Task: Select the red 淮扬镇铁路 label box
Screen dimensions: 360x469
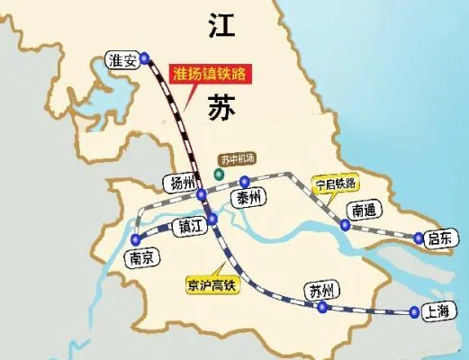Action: click(x=212, y=72)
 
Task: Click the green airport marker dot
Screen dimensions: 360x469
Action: click(x=217, y=172)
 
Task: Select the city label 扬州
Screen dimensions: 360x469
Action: click(x=177, y=184)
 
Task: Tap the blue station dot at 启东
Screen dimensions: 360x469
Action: click(x=419, y=238)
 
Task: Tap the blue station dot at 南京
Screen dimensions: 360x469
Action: click(x=135, y=240)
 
